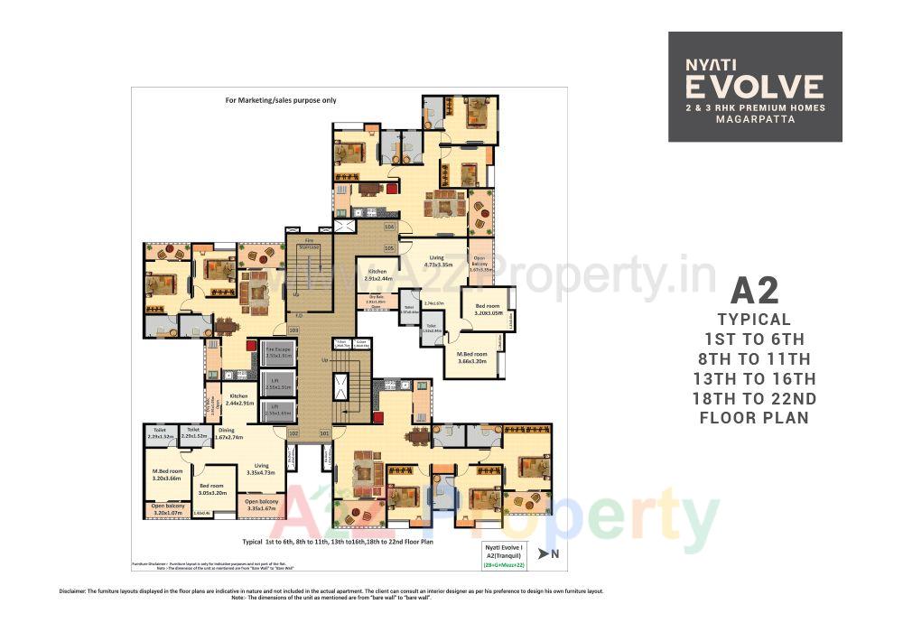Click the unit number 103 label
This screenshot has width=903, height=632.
point(293,330)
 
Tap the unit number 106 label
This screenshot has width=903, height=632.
point(389,227)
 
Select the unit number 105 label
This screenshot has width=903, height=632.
point(390,247)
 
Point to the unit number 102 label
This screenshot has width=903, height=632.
point(293,434)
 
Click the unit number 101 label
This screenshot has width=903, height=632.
point(324,434)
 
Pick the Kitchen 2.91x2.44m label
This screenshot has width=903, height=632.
point(377,274)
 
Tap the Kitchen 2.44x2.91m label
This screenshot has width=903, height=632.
point(238,399)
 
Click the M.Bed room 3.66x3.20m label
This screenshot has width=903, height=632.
point(471,358)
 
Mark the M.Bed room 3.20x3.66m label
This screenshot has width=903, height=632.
point(167,475)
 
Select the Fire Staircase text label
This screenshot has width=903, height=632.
point(309,243)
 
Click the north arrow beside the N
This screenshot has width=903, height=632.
point(542,552)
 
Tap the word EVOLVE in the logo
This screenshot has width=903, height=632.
point(754,87)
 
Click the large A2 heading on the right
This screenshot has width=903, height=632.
point(754,292)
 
